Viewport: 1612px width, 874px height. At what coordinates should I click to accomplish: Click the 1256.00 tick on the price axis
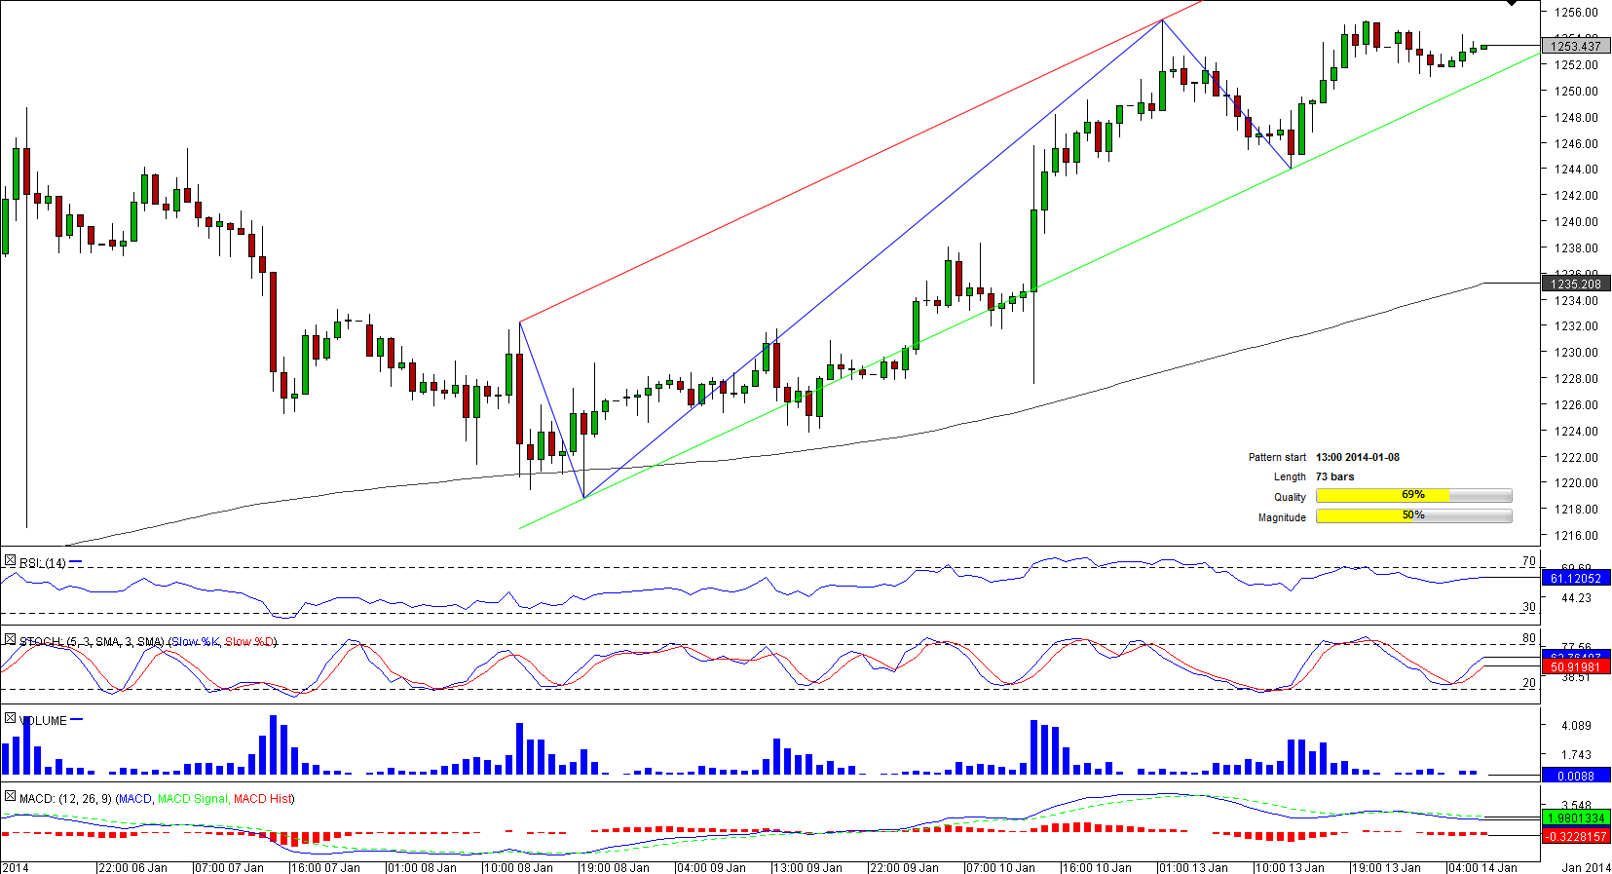1575,13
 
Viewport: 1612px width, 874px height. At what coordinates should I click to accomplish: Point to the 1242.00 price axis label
1575,195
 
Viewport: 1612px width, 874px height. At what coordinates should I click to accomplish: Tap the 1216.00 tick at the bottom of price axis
1575,535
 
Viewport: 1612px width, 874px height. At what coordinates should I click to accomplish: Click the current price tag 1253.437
1575,46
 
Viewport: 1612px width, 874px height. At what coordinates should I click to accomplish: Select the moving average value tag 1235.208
1575,285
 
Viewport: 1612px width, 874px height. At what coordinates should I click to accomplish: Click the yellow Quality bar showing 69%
1412,496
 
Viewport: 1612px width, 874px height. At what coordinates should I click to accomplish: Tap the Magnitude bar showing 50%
1412,516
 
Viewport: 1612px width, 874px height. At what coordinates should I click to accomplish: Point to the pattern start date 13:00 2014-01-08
1357,457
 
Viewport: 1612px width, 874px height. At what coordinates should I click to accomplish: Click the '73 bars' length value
1334,476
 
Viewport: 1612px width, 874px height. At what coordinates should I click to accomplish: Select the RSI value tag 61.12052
1575,579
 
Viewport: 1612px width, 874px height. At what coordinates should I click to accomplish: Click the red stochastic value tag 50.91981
1575,667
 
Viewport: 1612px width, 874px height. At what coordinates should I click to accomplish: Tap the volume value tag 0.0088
1575,777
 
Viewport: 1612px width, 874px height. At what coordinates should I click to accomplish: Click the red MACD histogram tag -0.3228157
1575,837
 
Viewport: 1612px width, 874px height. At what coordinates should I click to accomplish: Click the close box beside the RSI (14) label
10,561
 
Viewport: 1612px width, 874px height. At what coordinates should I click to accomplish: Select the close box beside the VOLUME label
10,718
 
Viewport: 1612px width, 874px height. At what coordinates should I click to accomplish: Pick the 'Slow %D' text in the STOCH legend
249,642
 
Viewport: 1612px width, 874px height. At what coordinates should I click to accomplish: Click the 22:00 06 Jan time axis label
132,867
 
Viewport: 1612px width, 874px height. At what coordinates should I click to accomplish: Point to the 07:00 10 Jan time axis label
1000,867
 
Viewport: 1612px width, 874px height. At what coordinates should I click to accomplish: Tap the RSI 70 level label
1528,561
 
